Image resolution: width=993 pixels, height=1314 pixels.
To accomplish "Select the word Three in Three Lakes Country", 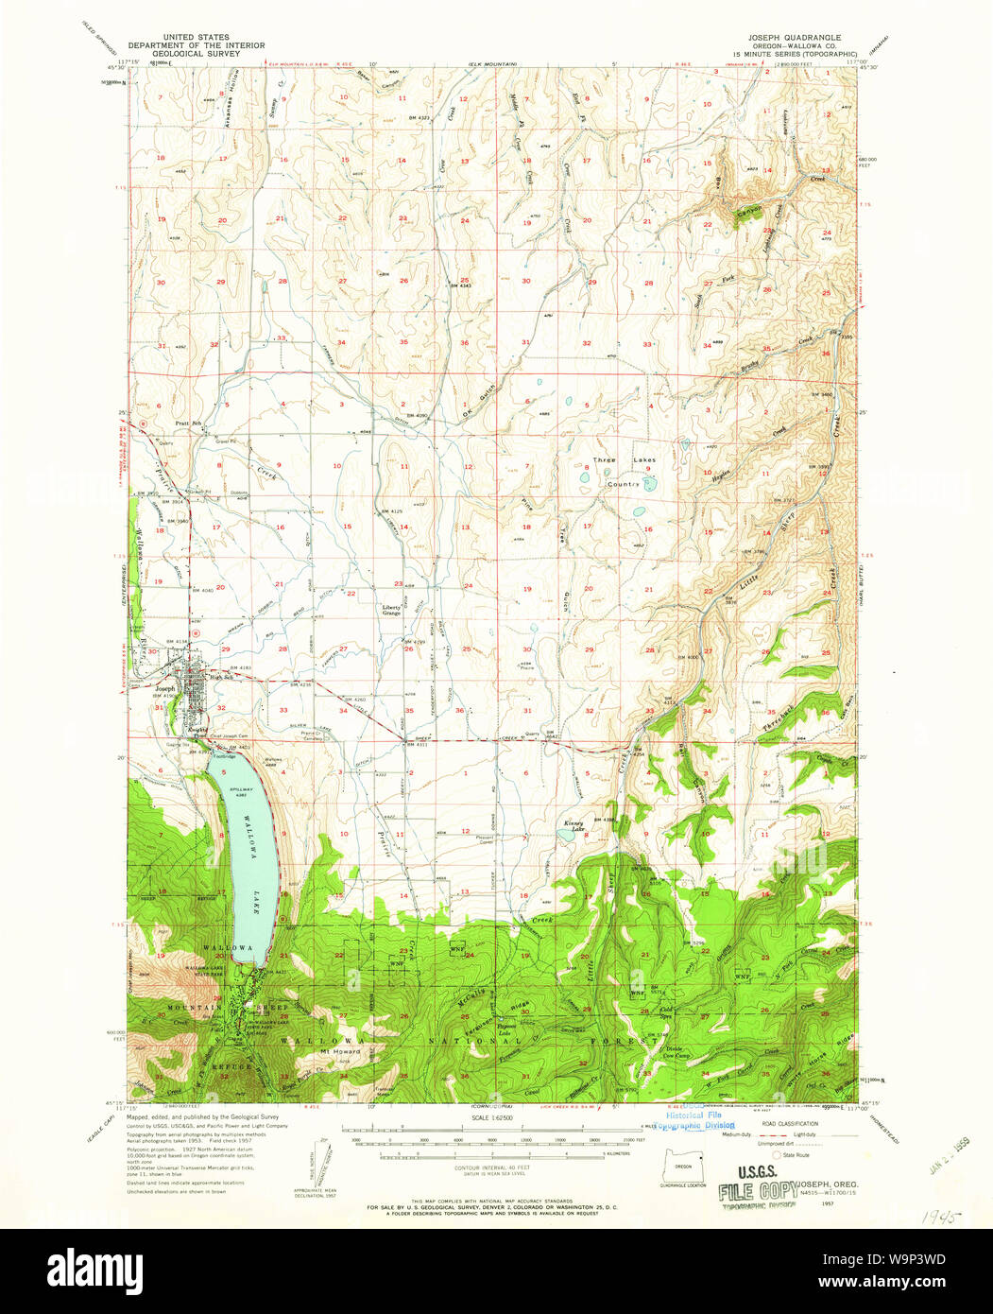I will [604, 460].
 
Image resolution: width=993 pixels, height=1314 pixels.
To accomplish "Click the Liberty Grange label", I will [392, 611].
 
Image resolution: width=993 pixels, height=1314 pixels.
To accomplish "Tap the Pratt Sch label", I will [190, 423].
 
